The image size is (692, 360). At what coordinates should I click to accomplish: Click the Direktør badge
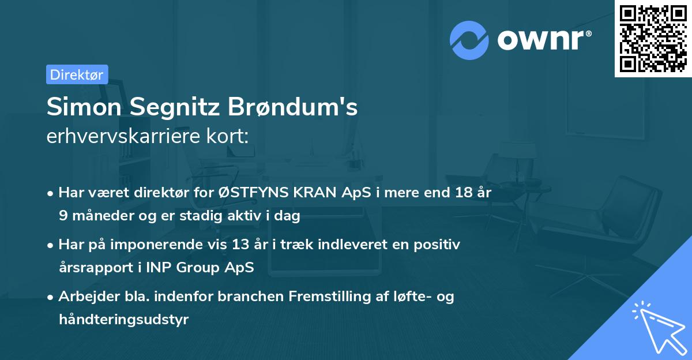77,74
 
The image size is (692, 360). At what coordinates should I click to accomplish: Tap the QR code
653,39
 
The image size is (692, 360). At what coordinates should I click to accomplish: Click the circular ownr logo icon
469,40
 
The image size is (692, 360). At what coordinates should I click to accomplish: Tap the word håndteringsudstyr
123,320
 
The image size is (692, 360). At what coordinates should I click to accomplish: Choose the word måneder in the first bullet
97,216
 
